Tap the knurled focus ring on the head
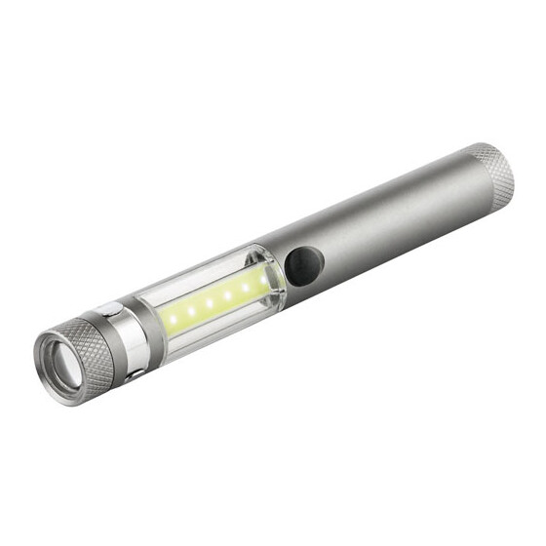92,346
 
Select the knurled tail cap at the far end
493,175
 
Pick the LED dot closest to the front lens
173,319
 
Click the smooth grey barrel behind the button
390,224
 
